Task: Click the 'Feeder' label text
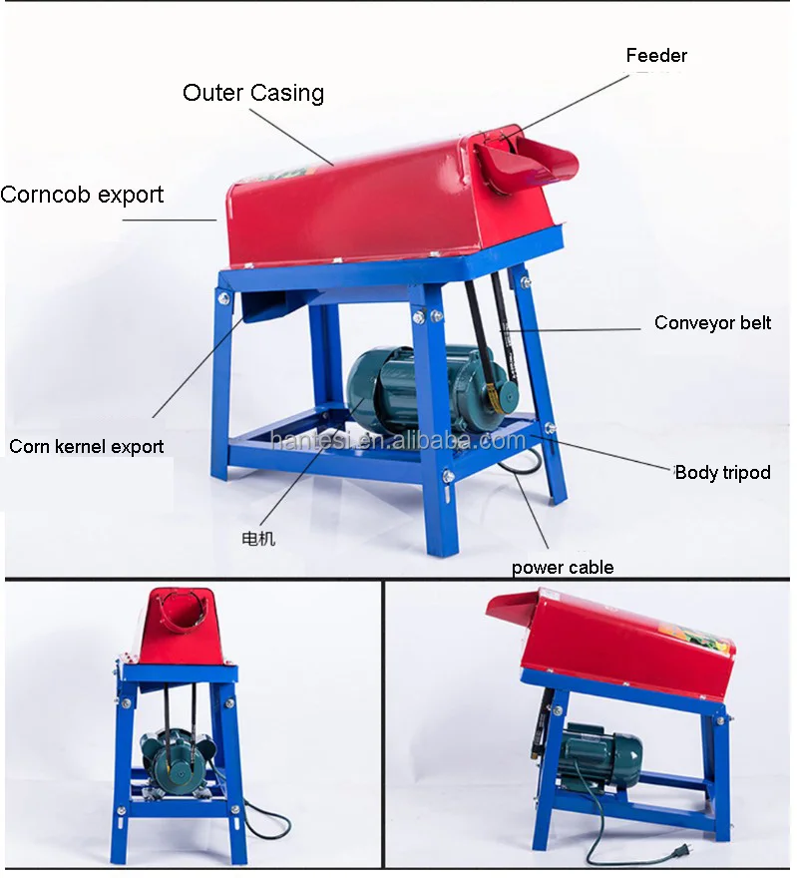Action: (x=656, y=56)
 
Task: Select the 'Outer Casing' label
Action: (x=253, y=93)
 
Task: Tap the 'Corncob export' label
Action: (x=82, y=194)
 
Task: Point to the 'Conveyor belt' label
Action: (x=712, y=322)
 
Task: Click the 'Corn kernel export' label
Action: (x=87, y=446)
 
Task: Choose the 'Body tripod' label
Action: (x=722, y=472)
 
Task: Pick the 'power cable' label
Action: (x=563, y=568)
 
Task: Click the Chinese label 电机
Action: (x=258, y=539)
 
